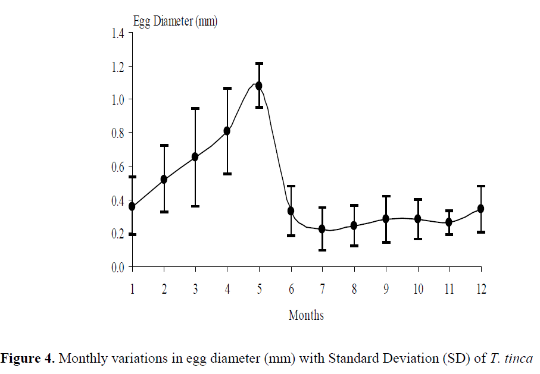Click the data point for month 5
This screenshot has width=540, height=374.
[259, 86]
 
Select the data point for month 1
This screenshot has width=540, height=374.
[132, 207]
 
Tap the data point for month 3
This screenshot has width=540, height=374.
[195, 157]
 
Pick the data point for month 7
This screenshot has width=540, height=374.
[322, 229]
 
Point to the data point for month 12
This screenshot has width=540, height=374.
[480, 209]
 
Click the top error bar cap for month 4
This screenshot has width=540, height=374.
[227, 89]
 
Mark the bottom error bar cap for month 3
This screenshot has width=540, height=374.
[195, 206]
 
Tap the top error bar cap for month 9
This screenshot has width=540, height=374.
[386, 196]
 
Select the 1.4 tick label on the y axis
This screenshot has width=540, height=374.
[117, 33]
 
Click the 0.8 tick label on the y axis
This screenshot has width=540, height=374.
[117, 133]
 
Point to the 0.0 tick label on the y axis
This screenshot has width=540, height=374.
[117, 267]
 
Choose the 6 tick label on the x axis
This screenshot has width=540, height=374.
[291, 289]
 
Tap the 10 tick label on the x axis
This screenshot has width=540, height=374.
[417, 289]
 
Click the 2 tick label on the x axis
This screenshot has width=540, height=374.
[164, 289]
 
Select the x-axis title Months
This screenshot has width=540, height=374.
[306, 315]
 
